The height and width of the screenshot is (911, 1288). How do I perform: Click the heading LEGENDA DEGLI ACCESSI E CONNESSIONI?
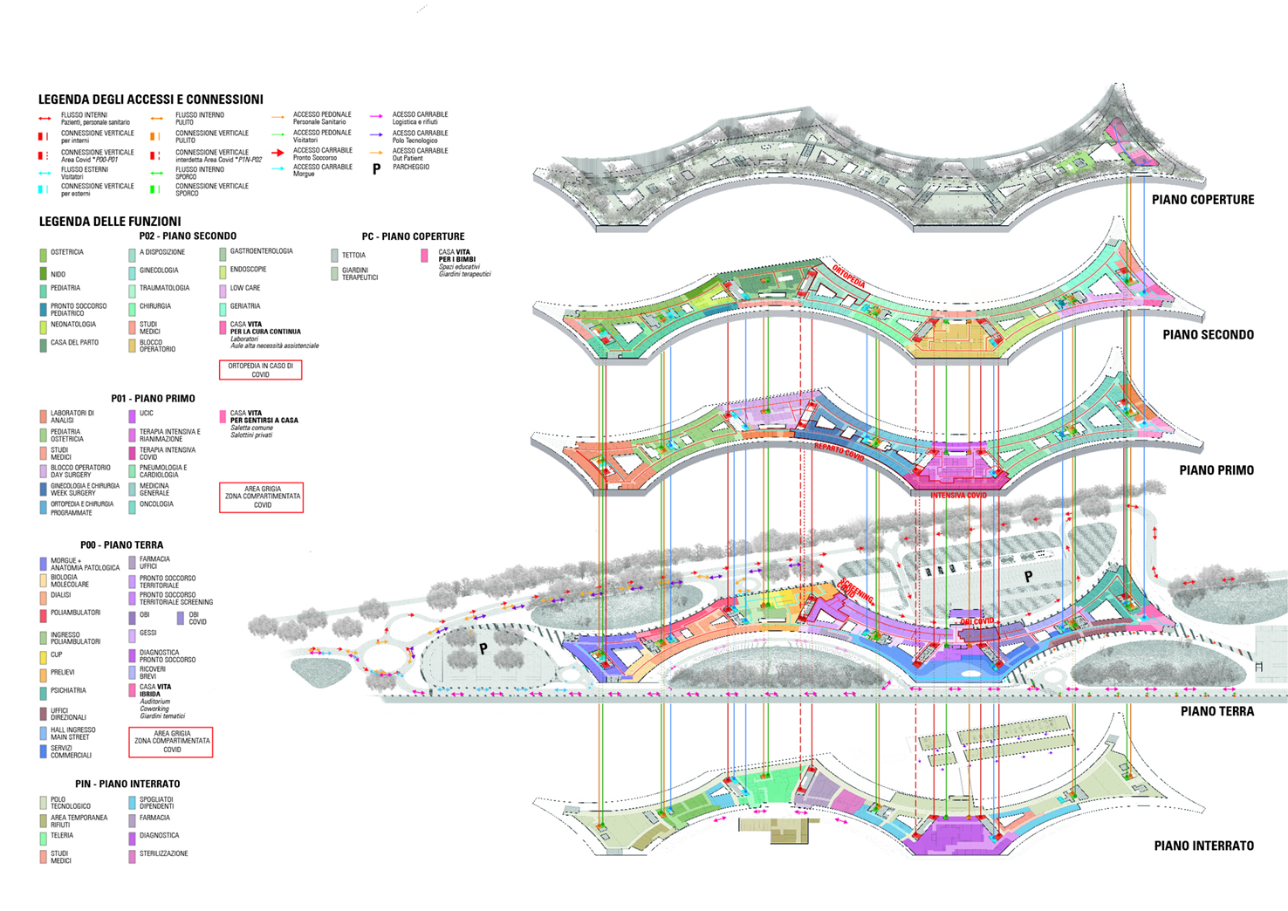150,99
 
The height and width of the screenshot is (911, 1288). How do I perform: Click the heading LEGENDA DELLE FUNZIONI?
110,222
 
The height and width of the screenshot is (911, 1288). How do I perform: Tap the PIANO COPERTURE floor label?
1202,200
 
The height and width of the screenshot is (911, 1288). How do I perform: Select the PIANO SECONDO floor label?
1208,335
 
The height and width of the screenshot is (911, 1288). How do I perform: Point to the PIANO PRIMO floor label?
1216,470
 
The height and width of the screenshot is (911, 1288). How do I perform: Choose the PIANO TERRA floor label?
1216,712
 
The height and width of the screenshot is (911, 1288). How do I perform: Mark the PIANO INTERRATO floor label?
1203,846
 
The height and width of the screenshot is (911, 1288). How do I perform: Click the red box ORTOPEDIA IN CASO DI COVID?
260,370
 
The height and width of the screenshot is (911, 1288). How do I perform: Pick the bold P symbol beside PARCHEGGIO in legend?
377,169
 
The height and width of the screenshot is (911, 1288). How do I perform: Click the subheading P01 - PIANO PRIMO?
153,399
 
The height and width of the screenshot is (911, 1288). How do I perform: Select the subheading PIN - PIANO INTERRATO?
127,784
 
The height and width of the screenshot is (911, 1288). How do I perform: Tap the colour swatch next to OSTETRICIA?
43,255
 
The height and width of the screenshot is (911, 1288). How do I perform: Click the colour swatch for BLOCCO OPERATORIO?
133,346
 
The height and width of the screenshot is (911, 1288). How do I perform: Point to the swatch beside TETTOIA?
334,256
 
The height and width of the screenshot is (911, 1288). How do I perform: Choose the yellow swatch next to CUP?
43,656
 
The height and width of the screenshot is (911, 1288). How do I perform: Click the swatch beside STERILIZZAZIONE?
133,856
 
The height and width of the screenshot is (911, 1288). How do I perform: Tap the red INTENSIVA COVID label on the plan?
958,496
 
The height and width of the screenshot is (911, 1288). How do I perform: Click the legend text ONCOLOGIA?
156,504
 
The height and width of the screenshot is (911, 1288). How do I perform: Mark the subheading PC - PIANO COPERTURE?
413,236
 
